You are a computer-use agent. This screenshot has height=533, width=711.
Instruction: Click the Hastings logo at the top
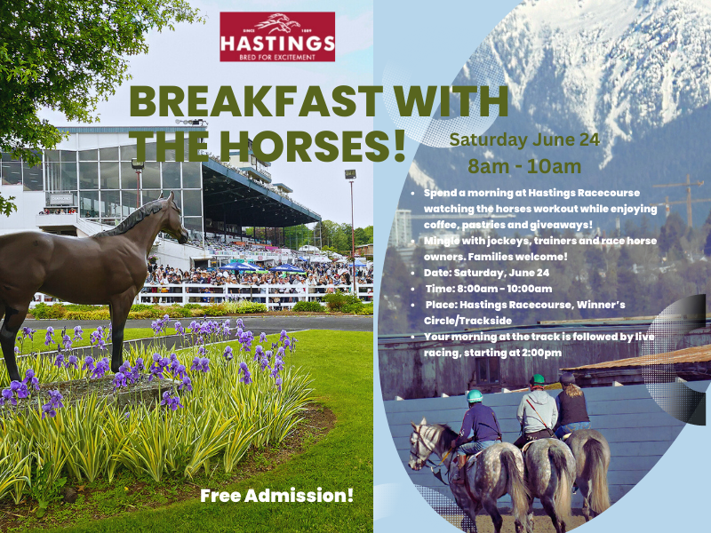277,36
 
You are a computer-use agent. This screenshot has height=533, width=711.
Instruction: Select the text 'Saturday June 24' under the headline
524,139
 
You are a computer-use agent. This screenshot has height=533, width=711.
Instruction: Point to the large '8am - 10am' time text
524,165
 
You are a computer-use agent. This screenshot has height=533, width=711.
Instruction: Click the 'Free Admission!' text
277,495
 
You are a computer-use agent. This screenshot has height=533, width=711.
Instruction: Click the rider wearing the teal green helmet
481,418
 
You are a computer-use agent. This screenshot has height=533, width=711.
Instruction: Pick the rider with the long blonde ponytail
571,404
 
